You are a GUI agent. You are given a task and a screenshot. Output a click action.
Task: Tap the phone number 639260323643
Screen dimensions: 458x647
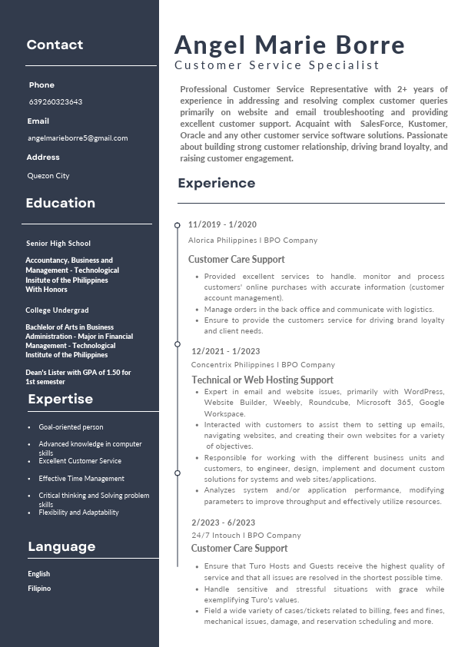(55, 101)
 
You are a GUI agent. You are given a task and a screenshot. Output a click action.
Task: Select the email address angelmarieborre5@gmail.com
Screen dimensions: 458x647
(78, 138)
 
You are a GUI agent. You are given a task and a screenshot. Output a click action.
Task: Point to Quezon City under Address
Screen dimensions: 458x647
(48, 176)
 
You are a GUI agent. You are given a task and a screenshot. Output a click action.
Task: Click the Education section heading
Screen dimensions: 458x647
(61, 204)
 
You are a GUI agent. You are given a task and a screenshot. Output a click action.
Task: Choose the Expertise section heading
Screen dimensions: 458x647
(61, 399)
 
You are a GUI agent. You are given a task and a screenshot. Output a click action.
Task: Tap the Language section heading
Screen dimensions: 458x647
(61, 547)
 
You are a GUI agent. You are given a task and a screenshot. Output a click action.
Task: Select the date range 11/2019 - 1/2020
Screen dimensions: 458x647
(222, 224)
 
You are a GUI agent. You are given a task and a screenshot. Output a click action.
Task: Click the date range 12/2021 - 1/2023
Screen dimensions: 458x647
(226, 351)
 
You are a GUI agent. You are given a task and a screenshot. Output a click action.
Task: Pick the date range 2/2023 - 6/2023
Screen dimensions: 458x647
(223, 523)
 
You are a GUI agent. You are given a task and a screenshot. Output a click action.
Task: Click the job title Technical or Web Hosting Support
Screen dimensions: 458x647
(262, 380)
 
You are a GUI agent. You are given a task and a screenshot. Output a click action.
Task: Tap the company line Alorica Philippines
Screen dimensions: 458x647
(253, 240)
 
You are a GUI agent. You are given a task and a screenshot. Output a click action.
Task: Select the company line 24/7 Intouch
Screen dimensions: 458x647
(246, 535)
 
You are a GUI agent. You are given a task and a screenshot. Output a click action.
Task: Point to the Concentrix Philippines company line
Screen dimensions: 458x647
(263, 364)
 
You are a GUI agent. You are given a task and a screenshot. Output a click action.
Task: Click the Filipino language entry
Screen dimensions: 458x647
(39, 589)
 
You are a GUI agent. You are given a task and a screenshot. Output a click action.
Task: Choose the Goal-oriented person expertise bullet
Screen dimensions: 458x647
(71, 427)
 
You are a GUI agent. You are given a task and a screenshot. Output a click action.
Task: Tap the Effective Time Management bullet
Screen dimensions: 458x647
(81, 479)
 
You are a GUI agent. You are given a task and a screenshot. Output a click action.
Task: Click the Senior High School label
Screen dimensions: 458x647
(58, 244)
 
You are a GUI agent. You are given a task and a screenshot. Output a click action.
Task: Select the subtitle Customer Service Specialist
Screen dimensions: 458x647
(277, 66)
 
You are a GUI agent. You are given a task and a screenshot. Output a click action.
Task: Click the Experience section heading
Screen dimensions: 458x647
(216, 183)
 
